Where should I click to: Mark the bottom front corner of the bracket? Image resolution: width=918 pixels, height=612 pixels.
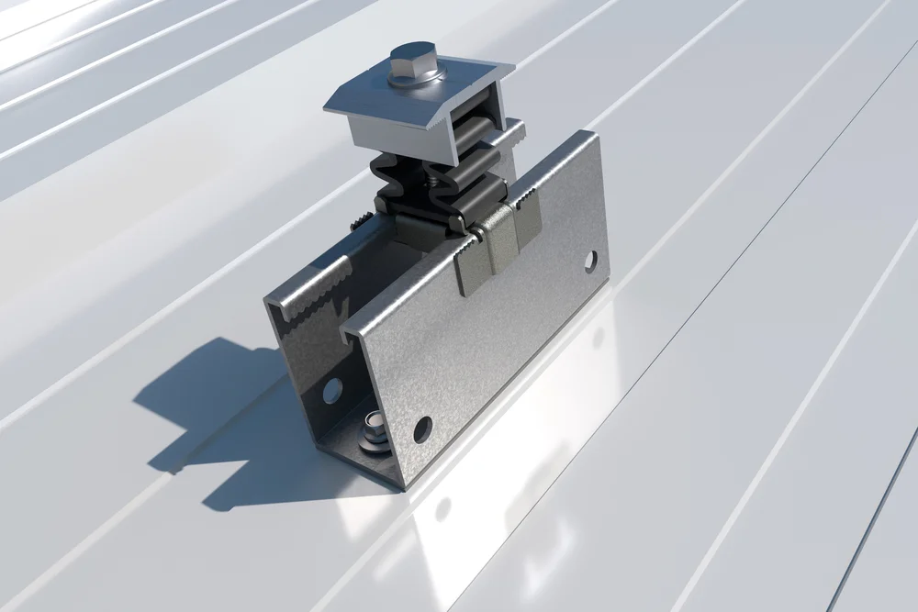tap(400, 486)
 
